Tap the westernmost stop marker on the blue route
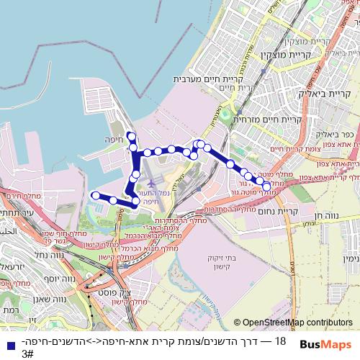pos(94,195)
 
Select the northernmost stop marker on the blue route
pos(130,135)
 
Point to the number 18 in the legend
pos(281,340)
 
